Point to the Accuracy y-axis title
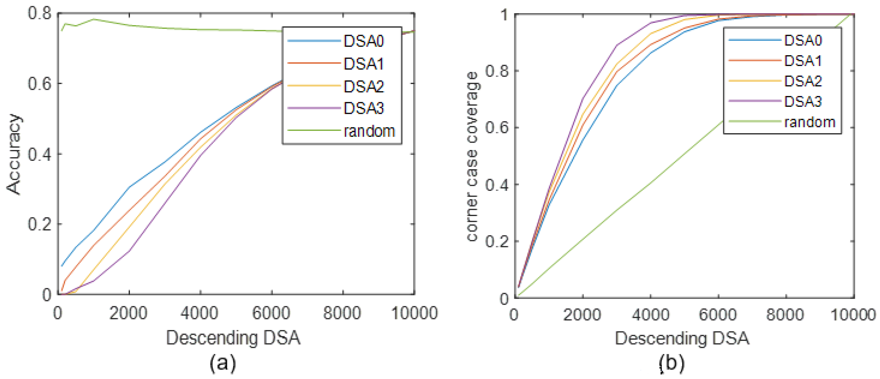[14, 154]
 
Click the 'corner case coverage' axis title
[472, 157]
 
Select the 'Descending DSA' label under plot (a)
[233, 338]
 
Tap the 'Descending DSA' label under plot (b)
[682, 338]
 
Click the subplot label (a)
[223, 363]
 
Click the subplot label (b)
[671, 363]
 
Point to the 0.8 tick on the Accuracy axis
[39, 14]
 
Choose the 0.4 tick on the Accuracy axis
[39, 154]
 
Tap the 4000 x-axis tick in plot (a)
[200, 313]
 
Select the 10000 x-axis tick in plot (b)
[853, 314]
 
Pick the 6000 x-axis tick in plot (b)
[718, 314]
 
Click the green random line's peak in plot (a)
[94, 19]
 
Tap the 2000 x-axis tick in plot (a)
[128, 313]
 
